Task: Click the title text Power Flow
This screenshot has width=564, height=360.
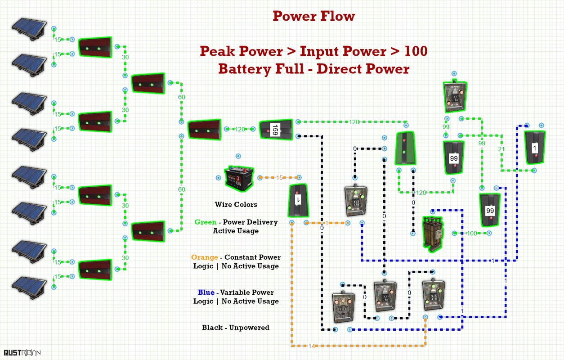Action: [x=314, y=16]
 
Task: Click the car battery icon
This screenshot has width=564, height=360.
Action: [x=239, y=178]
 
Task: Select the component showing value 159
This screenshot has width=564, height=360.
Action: [x=276, y=130]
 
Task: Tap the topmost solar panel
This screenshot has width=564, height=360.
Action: [x=29, y=29]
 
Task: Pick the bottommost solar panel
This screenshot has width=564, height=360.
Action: [x=29, y=288]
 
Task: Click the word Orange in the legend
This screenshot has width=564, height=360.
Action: [x=205, y=257]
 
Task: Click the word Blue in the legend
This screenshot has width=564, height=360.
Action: [x=206, y=292]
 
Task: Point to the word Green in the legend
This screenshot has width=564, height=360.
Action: [x=205, y=222]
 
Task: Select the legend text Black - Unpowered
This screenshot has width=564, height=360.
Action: [x=236, y=328]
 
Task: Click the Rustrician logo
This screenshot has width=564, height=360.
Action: [x=22, y=353]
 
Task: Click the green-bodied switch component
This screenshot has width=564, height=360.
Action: [x=405, y=148]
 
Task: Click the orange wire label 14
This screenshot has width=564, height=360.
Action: [x=311, y=346]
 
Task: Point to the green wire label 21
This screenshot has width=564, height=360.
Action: [x=501, y=149]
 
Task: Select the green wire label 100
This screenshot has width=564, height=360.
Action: [x=472, y=233]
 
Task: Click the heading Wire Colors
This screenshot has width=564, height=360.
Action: [x=236, y=204]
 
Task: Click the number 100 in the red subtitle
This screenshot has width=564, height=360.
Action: [x=416, y=51]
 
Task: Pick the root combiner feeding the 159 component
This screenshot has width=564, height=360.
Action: [x=205, y=130]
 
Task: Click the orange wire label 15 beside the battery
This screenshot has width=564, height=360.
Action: [x=279, y=178]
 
